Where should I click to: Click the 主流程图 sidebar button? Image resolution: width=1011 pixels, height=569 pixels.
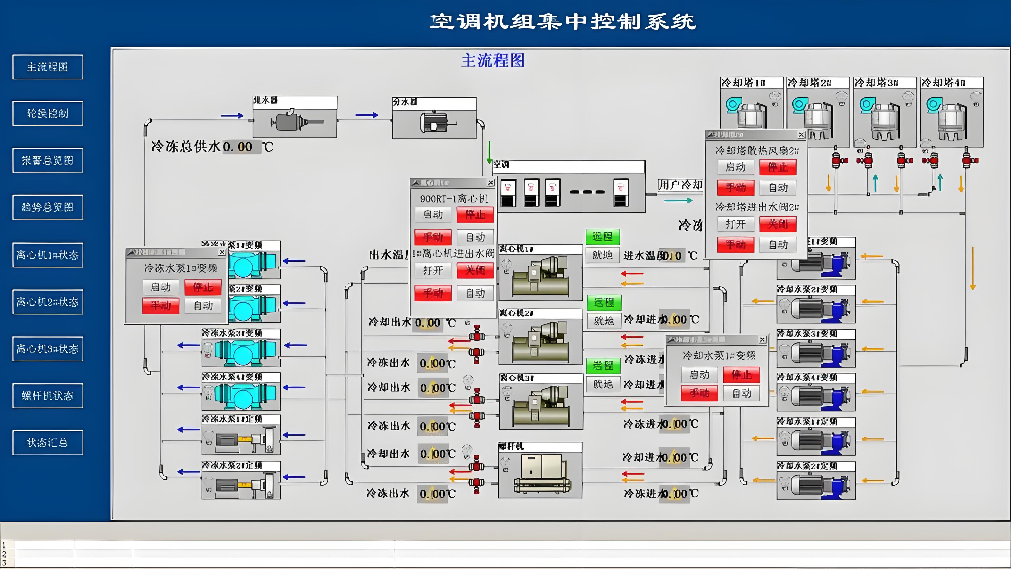click(x=47, y=67)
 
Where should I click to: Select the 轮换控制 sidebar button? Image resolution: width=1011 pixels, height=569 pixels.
click(x=47, y=114)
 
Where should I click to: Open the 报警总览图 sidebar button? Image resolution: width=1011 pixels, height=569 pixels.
click(x=47, y=160)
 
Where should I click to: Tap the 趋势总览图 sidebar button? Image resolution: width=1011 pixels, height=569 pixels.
click(x=47, y=207)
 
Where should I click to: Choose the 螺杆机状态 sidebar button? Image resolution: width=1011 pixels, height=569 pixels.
click(x=47, y=395)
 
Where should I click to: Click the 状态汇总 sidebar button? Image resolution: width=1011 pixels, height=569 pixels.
click(x=47, y=443)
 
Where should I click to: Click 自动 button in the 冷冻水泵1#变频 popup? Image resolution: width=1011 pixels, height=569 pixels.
click(x=203, y=306)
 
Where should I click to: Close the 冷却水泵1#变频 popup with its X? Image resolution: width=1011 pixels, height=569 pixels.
click(x=762, y=340)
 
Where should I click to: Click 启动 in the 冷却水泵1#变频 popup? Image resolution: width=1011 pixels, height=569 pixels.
click(x=699, y=375)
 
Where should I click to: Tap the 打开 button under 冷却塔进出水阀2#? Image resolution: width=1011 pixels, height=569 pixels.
click(x=735, y=224)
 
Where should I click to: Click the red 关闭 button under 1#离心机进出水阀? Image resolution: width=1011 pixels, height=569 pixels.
click(x=475, y=271)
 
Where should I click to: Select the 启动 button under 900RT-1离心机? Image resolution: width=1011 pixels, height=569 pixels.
click(x=433, y=215)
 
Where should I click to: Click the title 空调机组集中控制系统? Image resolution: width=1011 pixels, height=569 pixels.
click(x=563, y=22)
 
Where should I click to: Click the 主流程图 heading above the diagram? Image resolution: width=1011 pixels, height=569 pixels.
click(x=492, y=61)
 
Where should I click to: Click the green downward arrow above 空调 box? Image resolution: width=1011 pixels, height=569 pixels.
click(x=489, y=152)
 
